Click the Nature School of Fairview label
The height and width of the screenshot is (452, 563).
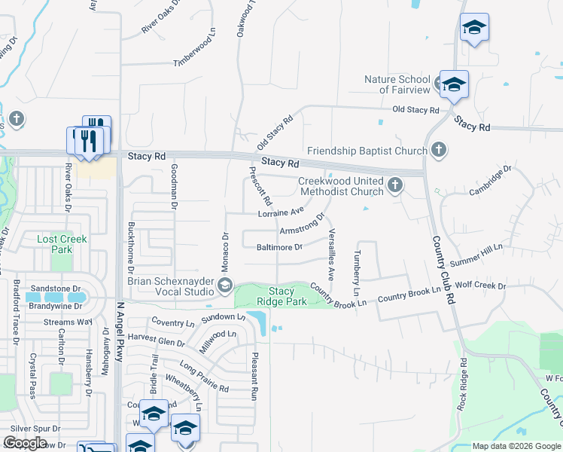tap(397, 84)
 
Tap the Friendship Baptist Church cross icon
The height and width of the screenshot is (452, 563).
tap(440, 151)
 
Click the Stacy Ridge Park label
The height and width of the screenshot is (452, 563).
tap(281, 296)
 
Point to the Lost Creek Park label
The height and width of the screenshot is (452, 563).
tap(62, 244)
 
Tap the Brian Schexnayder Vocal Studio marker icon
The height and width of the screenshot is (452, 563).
tap(224, 285)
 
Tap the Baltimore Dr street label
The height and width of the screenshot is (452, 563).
tap(279, 247)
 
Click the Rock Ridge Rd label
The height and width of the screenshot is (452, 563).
tap(462, 384)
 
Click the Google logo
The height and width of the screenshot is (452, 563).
tap(25, 443)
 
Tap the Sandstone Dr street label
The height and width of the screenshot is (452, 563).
tap(56, 289)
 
